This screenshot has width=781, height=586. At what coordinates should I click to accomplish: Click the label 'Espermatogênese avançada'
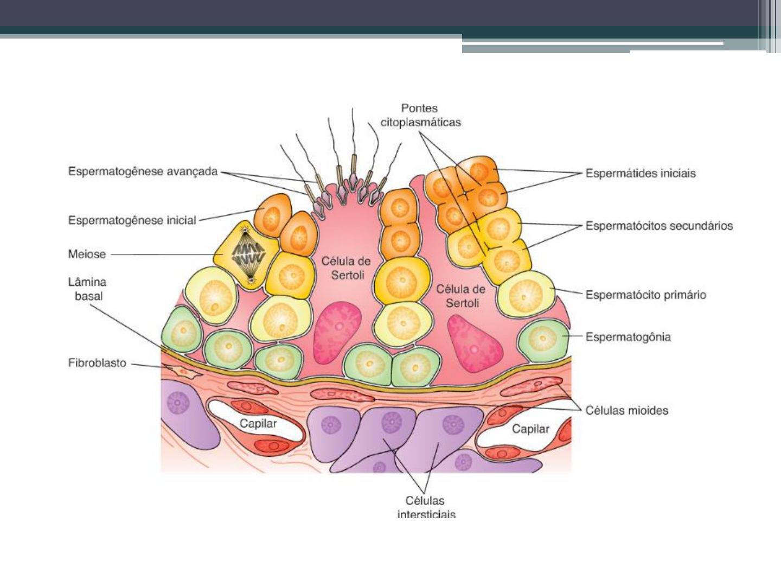click(x=143, y=171)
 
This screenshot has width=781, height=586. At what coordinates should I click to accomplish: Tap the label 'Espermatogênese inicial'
click(x=132, y=220)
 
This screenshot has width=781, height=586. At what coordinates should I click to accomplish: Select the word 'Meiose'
click(x=87, y=254)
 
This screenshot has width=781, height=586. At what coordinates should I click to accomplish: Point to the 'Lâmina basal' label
click(x=87, y=289)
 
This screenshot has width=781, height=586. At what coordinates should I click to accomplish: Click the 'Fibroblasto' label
click(x=97, y=363)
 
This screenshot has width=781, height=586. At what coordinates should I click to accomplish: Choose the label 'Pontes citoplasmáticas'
click(x=420, y=115)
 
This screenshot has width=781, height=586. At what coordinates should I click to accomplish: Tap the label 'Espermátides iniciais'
click(x=640, y=174)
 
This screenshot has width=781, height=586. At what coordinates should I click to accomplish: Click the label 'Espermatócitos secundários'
click(x=659, y=226)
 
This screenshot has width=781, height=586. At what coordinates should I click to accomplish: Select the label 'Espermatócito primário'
click(x=645, y=295)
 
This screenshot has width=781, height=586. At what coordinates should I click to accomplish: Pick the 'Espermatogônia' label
click(x=628, y=337)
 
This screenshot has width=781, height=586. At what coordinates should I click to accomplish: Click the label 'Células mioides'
click(x=626, y=411)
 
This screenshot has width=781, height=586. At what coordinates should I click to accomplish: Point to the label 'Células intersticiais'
click(x=426, y=507)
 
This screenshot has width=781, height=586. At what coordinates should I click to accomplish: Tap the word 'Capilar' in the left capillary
click(x=258, y=424)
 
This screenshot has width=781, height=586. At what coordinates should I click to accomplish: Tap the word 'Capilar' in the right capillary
click(x=530, y=429)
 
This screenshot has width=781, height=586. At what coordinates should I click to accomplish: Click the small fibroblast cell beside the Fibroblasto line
click(x=183, y=372)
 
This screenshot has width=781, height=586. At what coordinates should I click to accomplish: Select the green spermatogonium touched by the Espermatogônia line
click(x=542, y=340)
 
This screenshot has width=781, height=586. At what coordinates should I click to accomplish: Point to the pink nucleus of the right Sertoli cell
click(x=473, y=344)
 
